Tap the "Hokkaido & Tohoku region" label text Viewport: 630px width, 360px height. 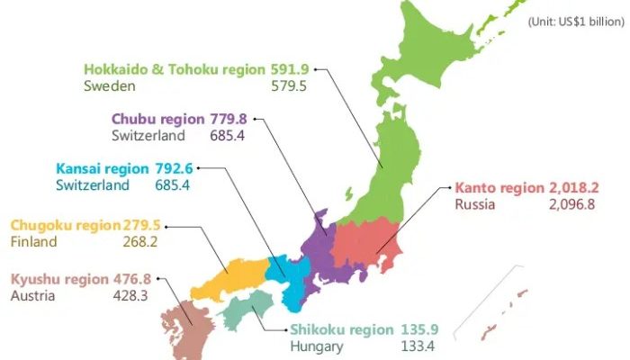coord(175,68)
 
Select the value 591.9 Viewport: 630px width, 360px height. coord(290,68)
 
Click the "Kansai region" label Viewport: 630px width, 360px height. coord(99,167)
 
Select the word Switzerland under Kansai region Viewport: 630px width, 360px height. coord(93,185)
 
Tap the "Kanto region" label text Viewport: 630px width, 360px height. coord(499,187)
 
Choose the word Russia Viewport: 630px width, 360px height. coord(473,205)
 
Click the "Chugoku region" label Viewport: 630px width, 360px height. coord(65,224)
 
